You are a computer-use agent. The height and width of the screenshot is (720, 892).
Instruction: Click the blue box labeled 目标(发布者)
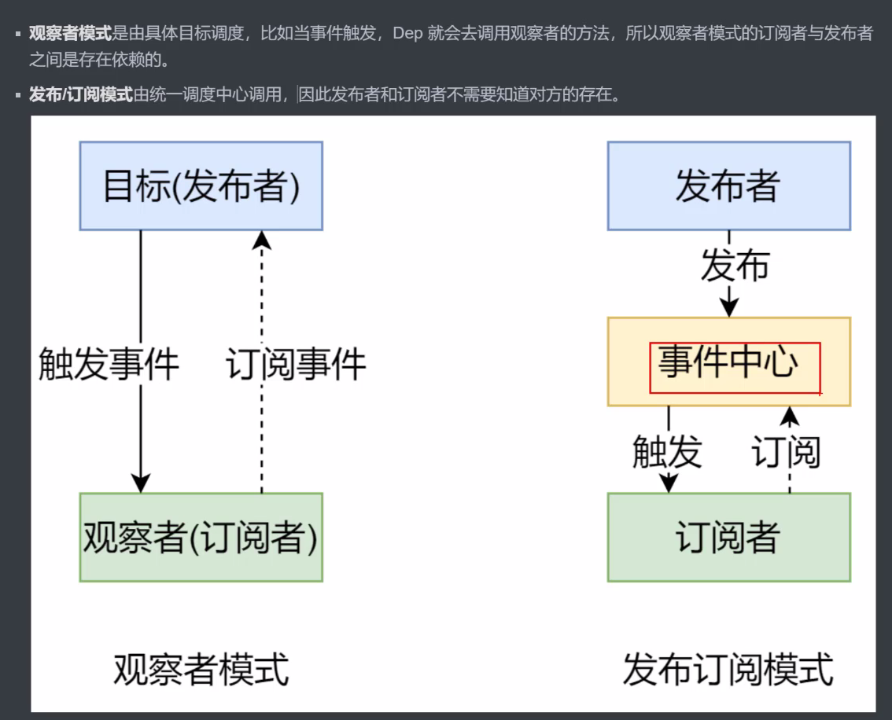[x=201, y=186]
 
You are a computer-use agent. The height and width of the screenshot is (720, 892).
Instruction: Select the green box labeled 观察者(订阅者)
[x=201, y=537]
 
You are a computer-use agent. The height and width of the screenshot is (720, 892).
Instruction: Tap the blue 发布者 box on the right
[x=728, y=186]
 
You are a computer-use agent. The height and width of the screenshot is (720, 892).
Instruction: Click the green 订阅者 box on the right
[x=728, y=537]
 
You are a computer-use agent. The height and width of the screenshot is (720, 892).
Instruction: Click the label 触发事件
[x=109, y=364]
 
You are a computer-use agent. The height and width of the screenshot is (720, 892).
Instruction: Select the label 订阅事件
[x=296, y=364]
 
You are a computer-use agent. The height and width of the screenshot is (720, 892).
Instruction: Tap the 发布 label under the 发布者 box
[x=735, y=265]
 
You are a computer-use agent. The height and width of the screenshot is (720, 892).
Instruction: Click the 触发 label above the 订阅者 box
[x=667, y=452]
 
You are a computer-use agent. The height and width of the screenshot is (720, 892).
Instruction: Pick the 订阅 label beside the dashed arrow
[x=786, y=452]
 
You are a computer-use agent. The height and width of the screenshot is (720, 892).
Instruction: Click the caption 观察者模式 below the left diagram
[x=201, y=670]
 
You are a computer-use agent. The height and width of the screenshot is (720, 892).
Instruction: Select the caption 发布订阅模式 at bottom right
[x=728, y=670]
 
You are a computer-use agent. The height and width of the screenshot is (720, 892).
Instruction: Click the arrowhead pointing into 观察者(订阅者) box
[x=141, y=483]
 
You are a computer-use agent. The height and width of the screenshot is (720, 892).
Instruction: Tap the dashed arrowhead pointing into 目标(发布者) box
[x=262, y=240]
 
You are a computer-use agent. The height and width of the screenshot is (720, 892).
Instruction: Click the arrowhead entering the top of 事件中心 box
[x=729, y=307]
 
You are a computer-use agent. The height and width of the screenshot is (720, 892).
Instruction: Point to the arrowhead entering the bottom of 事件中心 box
[x=790, y=416]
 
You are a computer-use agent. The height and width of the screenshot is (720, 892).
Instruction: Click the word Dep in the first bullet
[x=407, y=33]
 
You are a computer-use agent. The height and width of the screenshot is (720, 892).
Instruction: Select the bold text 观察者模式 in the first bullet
[x=71, y=33]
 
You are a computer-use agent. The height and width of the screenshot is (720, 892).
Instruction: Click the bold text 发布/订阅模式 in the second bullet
[x=81, y=94]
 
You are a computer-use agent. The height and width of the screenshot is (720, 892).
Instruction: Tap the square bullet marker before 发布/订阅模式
[x=18, y=95]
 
